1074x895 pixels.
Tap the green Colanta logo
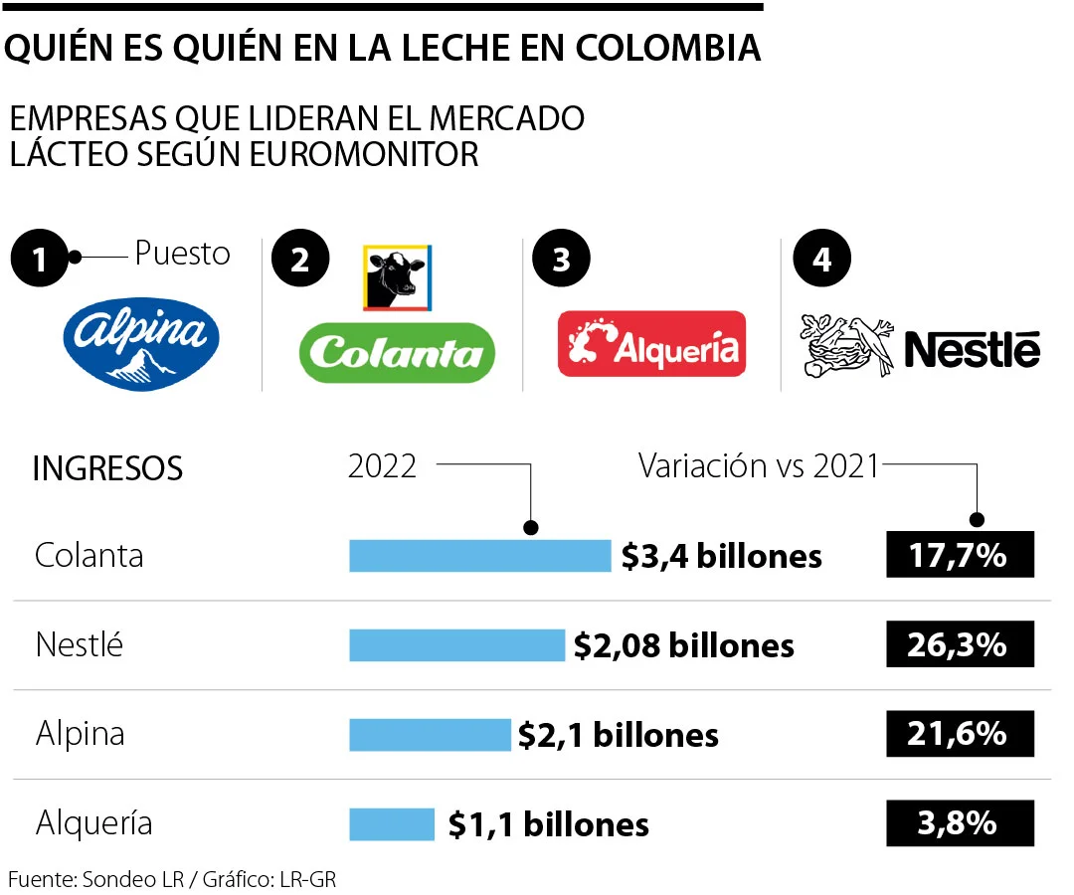(x=397, y=352)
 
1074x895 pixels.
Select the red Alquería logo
(x=651, y=344)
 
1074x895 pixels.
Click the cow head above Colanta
(x=396, y=277)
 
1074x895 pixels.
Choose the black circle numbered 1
(x=39, y=261)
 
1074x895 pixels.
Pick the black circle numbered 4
(x=820, y=261)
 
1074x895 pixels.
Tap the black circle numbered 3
(x=560, y=261)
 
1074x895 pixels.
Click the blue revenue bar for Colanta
(x=479, y=556)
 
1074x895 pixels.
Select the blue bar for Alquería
(x=392, y=824)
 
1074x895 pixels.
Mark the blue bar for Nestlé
(x=456, y=645)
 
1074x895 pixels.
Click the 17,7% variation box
(x=960, y=555)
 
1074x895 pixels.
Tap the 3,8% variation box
(x=960, y=823)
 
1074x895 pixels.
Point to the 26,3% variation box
(x=960, y=644)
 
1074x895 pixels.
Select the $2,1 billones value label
(x=619, y=736)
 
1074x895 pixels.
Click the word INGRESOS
(x=107, y=468)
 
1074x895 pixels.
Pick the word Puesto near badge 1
(x=182, y=254)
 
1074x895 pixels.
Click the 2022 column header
(x=382, y=465)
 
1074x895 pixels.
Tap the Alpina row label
(x=80, y=735)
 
